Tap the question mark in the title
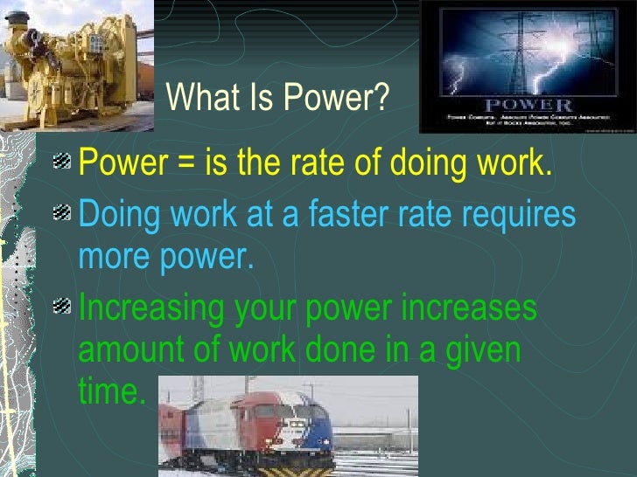(x=381, y=98)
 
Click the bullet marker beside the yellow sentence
(x=62, y=162)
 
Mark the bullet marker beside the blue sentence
(x=62, y=215)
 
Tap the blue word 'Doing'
(x=115, y=215)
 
